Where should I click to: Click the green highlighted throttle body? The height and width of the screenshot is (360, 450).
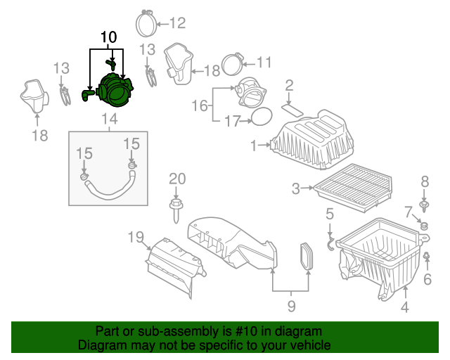tap(117, 91)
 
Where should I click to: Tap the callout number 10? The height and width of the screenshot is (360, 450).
tap(109, 37)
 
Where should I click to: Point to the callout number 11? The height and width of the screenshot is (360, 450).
tap(263, 61)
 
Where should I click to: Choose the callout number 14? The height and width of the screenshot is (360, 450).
tap(109, 119)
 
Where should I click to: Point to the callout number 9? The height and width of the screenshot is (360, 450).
tap(290, 306)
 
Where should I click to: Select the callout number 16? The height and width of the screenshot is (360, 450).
tap(200, 105)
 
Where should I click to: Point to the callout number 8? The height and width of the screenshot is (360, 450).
tap(424, 182)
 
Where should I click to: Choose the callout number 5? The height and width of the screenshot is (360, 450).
tap(329, 214)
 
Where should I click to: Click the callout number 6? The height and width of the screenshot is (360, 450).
tap(427, 279)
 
